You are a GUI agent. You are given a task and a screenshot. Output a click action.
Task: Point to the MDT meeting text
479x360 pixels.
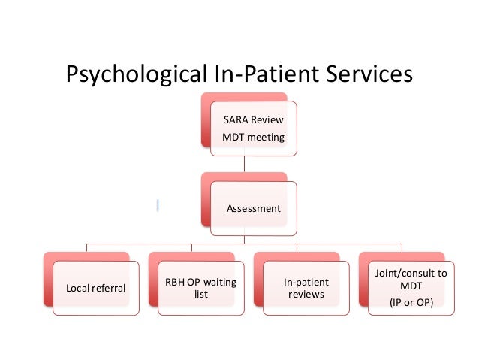coord(253,137)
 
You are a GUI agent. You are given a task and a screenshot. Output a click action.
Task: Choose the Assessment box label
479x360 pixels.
coord(254,207)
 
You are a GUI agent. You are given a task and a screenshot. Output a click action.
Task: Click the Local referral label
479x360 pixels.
coord(96,288)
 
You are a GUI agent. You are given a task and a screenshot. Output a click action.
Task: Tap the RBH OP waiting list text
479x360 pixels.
coord(201,288)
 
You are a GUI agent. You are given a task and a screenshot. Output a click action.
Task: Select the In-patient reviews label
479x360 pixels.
coord(306,288)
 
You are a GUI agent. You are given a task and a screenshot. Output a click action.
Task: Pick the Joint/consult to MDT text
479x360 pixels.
coord(411,280)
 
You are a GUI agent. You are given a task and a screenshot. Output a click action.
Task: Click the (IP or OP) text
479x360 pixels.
coord(411,303)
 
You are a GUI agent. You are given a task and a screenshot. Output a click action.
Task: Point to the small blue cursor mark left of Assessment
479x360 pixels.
coord(158,204)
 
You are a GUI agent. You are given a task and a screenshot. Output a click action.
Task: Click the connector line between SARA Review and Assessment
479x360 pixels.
coord(243,165)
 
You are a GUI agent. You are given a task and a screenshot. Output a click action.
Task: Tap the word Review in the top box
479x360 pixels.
coord(267,119)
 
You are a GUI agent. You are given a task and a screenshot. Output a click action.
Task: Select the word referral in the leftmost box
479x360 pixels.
coord(109,288)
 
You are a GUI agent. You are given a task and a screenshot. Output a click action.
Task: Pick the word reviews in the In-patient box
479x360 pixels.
coord(306,294)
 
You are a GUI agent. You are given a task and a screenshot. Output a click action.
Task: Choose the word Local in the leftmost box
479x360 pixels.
coord(79,288)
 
